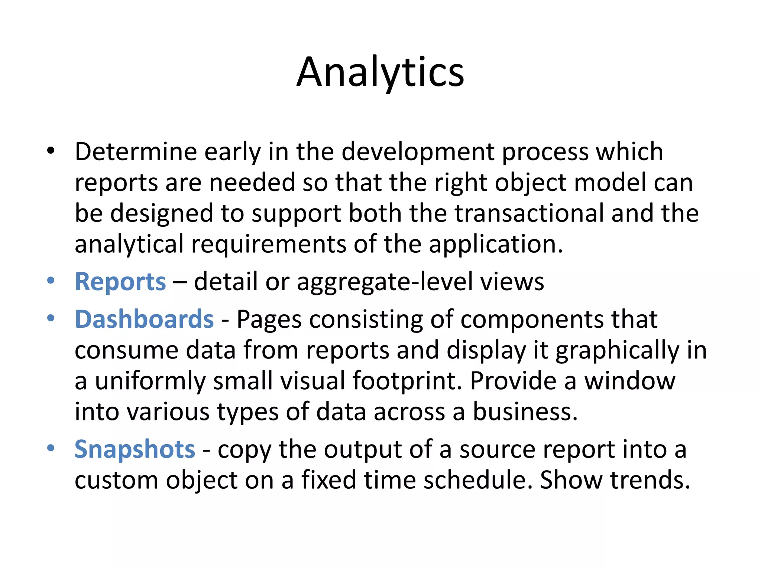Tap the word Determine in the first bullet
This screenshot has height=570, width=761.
click(136, 152)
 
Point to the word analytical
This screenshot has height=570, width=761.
click(129, 245)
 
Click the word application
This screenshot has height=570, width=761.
click(496, 245)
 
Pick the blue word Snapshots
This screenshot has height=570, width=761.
click(135, 449)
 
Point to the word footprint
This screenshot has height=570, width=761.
click(407, 381)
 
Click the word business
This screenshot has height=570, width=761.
click(525, 412)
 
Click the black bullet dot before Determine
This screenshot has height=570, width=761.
click(51, 151)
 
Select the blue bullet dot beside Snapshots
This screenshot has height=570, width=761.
click(51, 448)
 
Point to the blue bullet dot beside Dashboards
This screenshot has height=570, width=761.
click(51, 318)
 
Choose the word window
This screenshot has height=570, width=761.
click(629, 381)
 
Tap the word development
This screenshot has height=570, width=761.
click(418, 152)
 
